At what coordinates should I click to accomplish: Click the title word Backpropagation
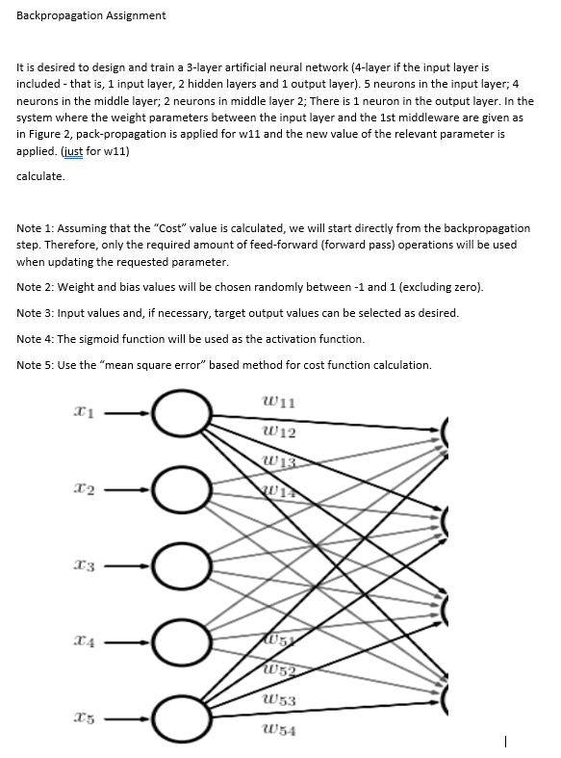click(x=62, y=15)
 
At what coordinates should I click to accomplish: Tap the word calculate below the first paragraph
click(x=41, y=176)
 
